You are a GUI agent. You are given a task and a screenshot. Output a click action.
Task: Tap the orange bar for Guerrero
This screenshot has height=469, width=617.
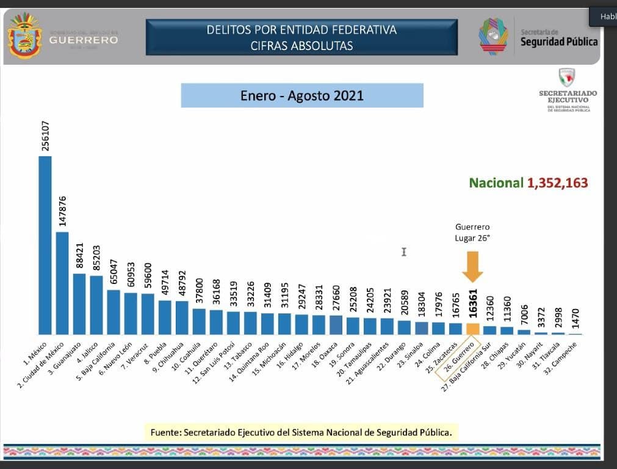click(x=472, y=329)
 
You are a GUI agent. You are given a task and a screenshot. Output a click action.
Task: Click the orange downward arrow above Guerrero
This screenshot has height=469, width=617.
click(x=472, y=266)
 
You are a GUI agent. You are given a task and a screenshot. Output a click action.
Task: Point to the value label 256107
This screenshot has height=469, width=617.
click(x=45, y=136)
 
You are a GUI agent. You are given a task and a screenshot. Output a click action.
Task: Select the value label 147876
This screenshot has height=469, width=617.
click(x=62, y=211)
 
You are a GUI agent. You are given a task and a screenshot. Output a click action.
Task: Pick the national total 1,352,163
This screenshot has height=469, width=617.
click(x=557, y=183)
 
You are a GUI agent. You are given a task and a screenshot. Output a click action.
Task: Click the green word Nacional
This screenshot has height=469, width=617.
click(x=496, y=183)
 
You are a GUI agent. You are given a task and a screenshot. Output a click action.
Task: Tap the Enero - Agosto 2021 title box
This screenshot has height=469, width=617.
click(x=302, y=96)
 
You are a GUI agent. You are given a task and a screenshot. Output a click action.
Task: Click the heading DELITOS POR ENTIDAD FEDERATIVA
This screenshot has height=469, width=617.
click(x=301, y=30)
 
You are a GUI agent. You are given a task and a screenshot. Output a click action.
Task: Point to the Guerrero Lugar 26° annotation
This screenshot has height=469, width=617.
click(x=472, y=233)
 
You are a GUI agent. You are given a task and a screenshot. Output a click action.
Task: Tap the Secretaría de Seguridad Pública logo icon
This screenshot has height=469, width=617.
click(x=494, y=37)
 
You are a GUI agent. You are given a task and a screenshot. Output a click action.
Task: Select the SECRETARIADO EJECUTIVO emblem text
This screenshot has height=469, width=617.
click(x=568, y=96)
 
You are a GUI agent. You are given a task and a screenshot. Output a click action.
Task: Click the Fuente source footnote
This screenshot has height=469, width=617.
click(x=301, y=432)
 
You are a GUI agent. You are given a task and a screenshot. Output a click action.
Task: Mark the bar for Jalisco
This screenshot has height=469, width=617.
click(x=96, y=305)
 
